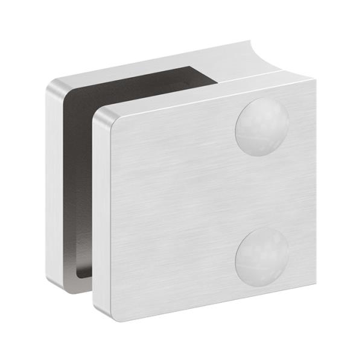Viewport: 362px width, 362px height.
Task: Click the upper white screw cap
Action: [261, 127]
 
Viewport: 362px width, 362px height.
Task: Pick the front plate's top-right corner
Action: [313, 81]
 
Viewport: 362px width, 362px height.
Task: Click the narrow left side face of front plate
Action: [98, 211]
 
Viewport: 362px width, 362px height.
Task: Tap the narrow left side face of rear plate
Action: [54, 181]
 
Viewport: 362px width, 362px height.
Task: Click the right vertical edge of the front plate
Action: [314, 181]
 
